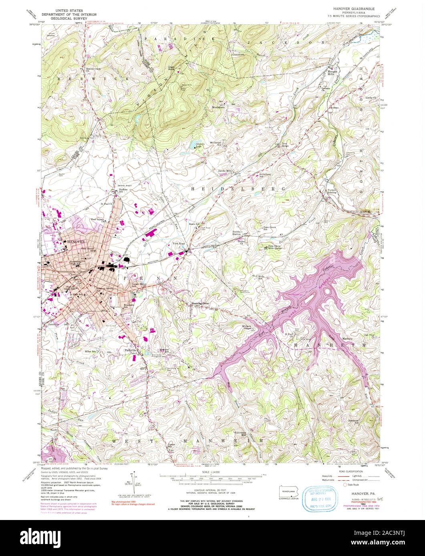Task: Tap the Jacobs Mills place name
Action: (225, 171)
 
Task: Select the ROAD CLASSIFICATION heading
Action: (349, 471)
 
